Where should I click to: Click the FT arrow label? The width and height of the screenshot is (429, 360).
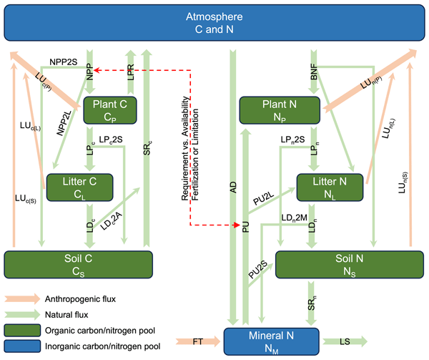point(202,341)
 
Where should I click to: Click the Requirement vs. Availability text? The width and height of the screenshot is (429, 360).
point(184,150)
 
